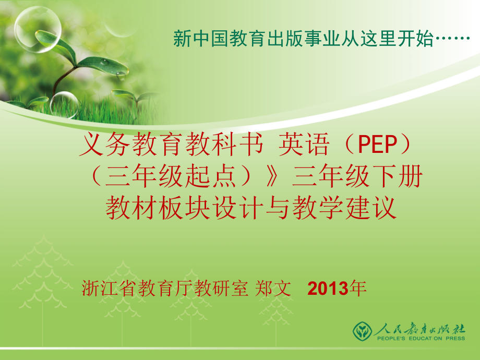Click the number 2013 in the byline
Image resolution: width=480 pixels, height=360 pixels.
328,289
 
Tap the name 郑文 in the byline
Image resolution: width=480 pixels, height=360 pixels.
273,288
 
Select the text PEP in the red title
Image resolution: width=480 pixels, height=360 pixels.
377,144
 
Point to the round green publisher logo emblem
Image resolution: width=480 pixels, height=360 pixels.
362,331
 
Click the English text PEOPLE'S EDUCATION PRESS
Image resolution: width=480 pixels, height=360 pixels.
421,338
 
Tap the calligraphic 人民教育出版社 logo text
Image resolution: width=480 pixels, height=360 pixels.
419,329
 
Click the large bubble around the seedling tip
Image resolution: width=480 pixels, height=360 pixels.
38,29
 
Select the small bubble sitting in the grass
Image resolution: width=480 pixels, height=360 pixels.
64,105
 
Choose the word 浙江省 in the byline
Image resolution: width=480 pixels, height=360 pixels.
109,288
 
